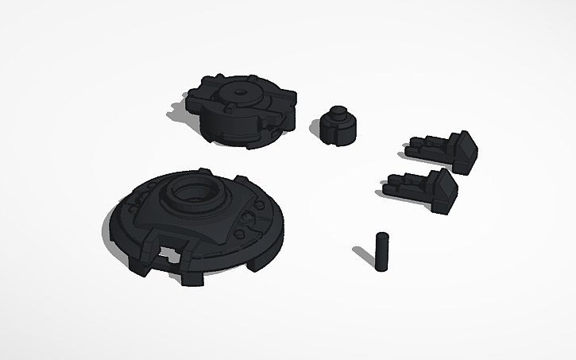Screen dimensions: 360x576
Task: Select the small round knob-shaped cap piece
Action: (x=339, y=127)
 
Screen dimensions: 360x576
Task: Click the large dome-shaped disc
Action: (x=195, y=219)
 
